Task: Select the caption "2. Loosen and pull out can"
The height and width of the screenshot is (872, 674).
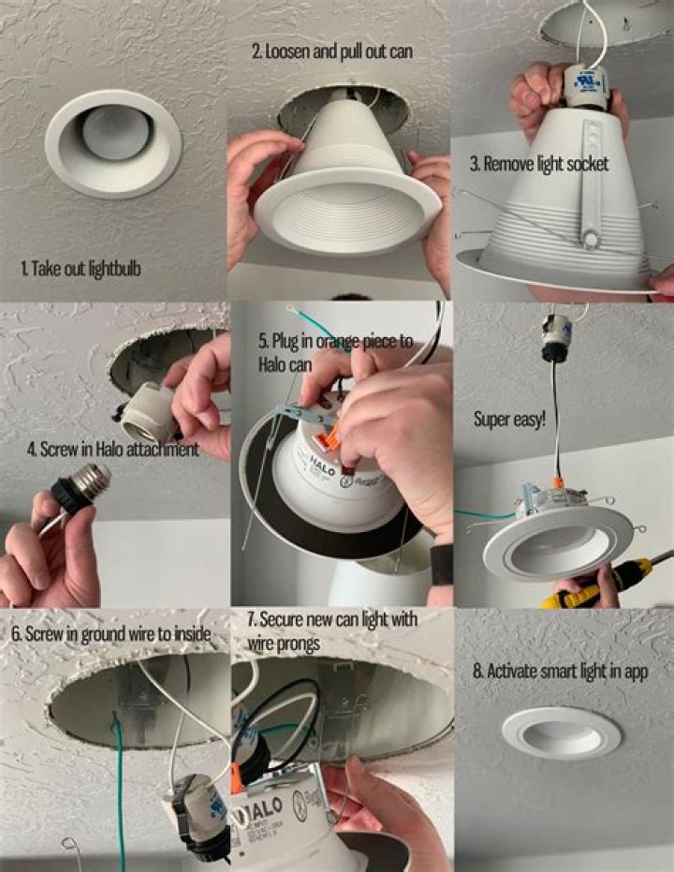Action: (331, 52)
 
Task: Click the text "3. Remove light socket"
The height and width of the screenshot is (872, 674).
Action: (539, 164)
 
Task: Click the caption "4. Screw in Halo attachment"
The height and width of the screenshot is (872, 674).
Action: (113, 449)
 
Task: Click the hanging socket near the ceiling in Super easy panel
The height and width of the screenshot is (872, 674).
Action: (557, 334)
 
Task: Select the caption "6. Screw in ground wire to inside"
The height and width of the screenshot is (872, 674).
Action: (110, 633)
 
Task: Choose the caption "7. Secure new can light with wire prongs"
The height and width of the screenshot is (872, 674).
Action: (333, 630)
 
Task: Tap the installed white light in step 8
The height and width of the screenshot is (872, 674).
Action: (561, 732)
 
